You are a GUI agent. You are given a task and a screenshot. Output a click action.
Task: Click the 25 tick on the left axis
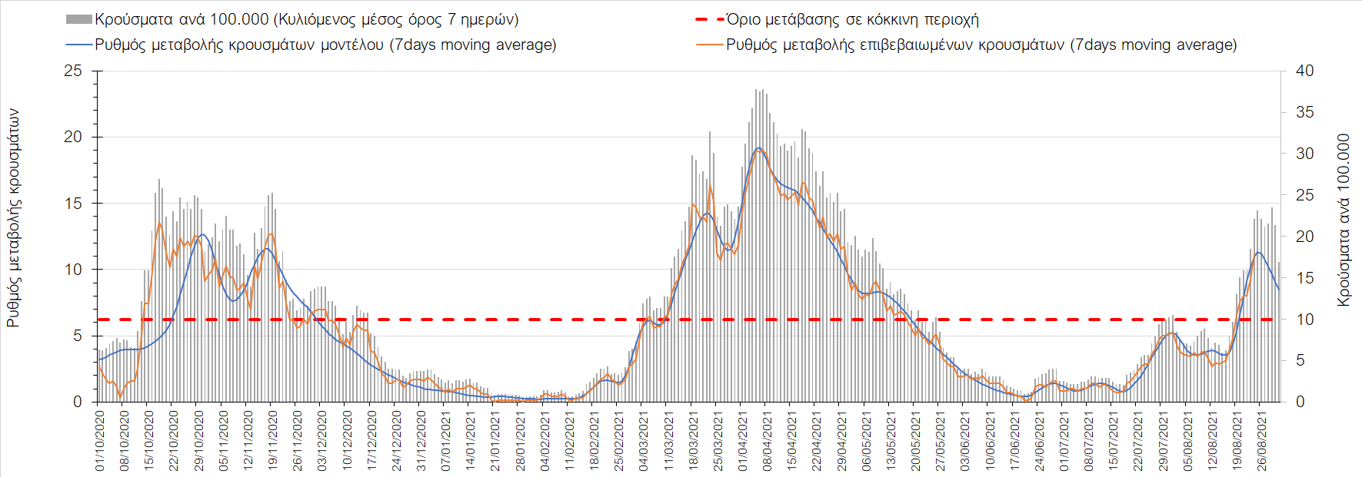(73, 71)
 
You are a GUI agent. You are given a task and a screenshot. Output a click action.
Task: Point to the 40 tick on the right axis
(1304, 71)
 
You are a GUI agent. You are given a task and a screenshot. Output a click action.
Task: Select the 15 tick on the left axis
(73, 204)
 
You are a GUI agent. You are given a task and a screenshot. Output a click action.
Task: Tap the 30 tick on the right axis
(1304, 154)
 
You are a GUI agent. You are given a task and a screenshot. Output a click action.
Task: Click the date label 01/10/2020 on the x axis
(100, 441)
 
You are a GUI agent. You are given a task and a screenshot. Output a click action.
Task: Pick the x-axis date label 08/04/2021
(767, 441)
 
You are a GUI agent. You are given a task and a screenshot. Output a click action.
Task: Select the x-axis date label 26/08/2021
(1261, 441)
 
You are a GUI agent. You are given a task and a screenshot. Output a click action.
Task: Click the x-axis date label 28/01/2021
(520, 441)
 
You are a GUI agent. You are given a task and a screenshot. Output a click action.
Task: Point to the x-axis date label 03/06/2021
(964, 441)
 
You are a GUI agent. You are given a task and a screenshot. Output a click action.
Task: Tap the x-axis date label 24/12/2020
(397, 441)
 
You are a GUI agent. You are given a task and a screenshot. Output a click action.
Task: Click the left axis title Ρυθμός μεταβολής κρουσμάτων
(13, 218)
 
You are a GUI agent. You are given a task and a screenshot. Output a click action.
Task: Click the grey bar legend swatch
(79, 19)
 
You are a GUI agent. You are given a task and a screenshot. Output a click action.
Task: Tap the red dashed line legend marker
(710, 19)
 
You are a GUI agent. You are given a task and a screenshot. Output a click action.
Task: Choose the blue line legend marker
(79, 45)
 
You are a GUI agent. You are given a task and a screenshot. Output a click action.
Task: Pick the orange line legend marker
(710, 45)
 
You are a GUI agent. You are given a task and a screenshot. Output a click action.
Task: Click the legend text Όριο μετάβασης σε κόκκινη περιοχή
(852, 19)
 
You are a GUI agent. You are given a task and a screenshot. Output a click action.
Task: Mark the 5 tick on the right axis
(1300, 360)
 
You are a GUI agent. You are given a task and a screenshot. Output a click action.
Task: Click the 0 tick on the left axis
(77, 402)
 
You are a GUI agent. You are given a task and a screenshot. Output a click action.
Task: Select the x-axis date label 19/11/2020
(273, 441)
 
